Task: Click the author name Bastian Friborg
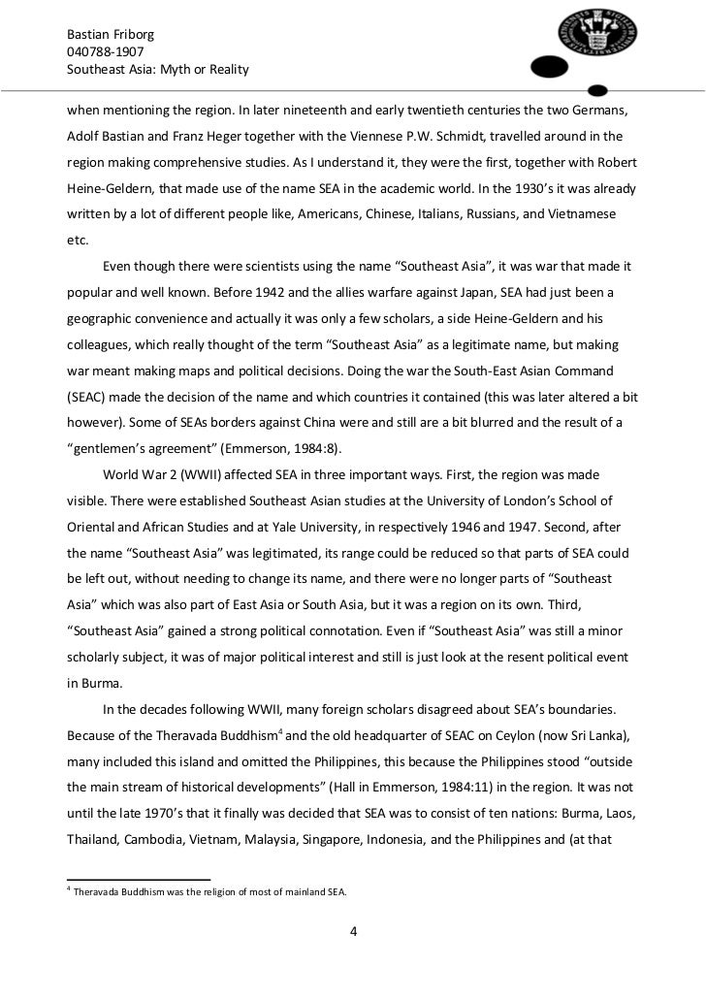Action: [x=111, y=34]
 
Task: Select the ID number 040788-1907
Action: [x=105, y=51]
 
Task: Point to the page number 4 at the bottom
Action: [x=353, y=933]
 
